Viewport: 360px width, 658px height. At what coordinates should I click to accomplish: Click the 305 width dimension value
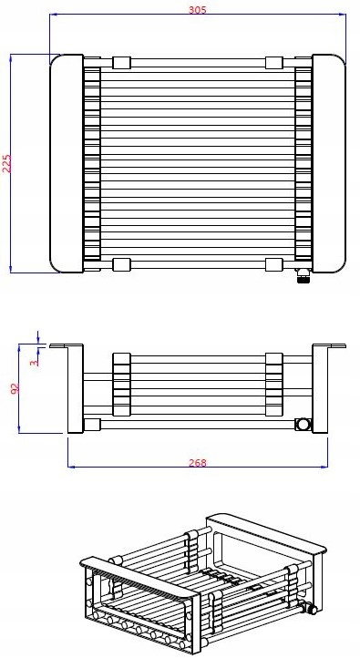tap(197, 10)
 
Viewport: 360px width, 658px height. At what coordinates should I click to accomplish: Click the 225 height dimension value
tap(6, 164)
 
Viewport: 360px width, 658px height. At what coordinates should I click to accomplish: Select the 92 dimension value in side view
tap(15, 388)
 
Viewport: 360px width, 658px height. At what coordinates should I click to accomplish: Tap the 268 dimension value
tap(198, 462)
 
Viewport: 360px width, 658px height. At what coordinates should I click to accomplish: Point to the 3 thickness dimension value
tap(36, 361)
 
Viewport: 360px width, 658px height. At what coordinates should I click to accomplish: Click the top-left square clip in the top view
tap(122, 63)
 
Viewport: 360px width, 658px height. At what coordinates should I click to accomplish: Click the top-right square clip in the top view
tap(274, 63)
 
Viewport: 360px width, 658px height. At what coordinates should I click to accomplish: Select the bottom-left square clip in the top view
tap(122, 265)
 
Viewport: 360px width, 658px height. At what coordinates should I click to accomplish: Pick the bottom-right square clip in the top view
tap(274, 265)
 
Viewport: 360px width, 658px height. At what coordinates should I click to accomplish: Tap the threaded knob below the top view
tap(303, 276)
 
